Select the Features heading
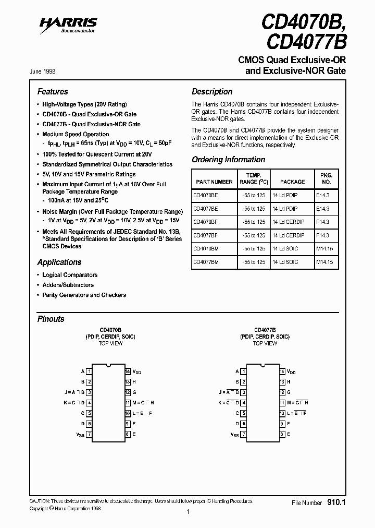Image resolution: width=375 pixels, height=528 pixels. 53,91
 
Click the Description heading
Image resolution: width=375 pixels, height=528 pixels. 212,91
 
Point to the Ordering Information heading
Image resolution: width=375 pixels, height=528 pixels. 228,160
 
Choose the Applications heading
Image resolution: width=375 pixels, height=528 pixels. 59,262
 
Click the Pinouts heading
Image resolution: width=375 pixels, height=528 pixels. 51,319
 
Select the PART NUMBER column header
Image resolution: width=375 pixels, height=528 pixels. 214,182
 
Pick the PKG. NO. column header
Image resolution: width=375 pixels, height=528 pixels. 326,178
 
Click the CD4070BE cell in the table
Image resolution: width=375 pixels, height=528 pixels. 206,195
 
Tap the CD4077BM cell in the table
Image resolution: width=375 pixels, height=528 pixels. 206,262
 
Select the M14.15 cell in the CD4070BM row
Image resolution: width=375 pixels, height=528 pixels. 324,249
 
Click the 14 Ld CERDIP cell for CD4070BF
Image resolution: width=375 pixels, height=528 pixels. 289,222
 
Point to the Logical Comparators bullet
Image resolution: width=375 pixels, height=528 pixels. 70,275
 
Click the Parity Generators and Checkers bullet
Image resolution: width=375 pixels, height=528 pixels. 84,295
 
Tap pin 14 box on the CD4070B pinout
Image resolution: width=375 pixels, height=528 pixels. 127,371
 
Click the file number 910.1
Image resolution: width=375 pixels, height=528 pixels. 336,502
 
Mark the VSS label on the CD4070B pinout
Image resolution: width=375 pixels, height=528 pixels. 80,434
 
